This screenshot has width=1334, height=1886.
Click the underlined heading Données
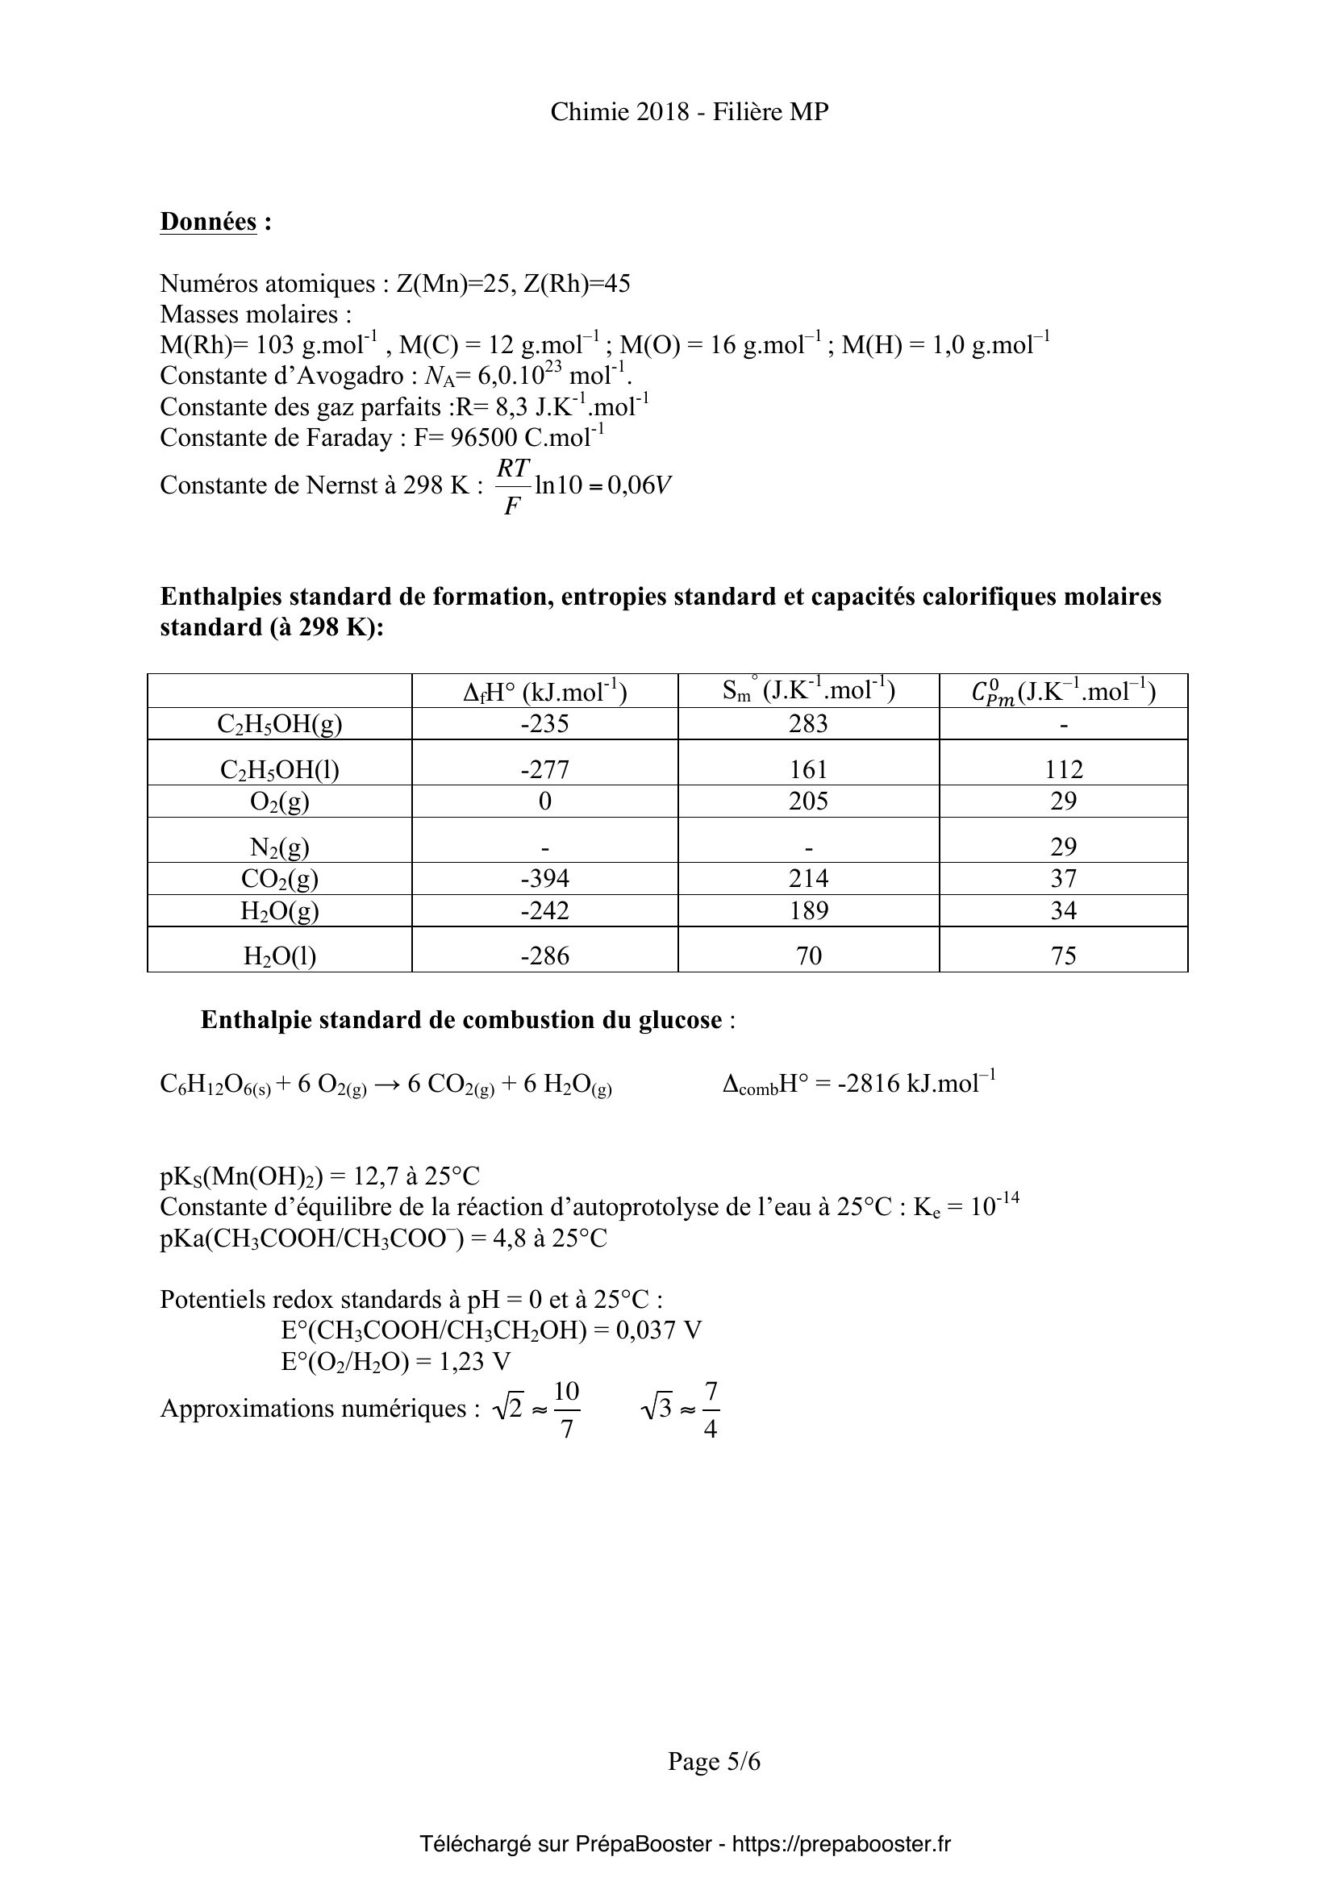click(x=208, y=222)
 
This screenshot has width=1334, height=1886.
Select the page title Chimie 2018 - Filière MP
click(x=689, y=112)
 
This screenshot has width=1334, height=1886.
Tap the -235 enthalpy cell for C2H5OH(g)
click(x=544, y=723)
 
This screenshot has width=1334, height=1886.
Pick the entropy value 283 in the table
click(x=808, y=723)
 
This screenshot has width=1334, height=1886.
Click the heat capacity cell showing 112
click(x=1064, y=769)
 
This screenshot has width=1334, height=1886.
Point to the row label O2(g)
click(x=279, y=801)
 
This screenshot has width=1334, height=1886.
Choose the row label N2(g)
click(x=279, y=847)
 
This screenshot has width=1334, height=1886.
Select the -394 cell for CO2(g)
click(x=544, y=878)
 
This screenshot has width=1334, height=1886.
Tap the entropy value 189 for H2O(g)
click(x=808, y=910)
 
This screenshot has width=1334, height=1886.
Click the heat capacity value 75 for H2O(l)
click(x=1064, y=955)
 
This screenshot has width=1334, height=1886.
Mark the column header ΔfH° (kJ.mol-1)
click(x=544, y=692)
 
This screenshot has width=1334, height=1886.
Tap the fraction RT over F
click(x=513, y=486)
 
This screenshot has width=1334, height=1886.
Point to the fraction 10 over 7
click(x=567, y=1409)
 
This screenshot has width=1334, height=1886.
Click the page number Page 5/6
click(x=714, y=1761)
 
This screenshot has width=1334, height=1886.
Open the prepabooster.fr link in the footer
click(x=841, y=1844)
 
